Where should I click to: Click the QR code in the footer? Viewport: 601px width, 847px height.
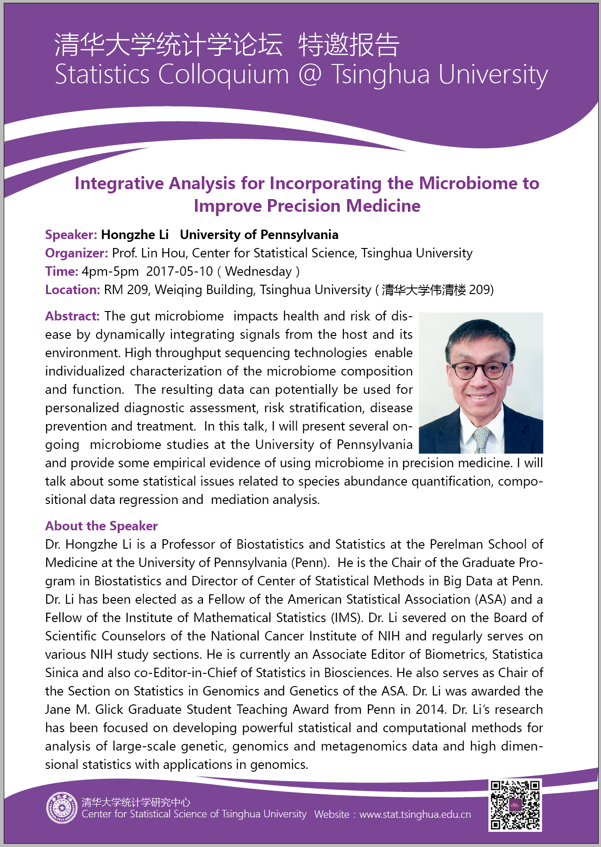pyautogui.click(x=515, y=805)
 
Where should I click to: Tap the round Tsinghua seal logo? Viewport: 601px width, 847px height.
pyautogui.click(x=62, y=808)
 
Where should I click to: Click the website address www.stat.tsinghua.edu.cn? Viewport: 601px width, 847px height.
pyautogui.click(x=415, y=815)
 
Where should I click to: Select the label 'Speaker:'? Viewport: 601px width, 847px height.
pyautogui.click(x=71, y=235)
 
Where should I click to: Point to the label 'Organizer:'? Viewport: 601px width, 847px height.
pyautogui.click(x=77, y=253)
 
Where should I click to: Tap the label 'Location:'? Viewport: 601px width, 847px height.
pyautogui.click(x=73, y=290)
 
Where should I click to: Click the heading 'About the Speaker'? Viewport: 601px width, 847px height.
pyautogui.click(x=101, y=526)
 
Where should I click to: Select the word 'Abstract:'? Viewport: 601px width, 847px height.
pyautogui.click(x=72, y=316)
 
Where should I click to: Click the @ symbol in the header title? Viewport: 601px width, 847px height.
pyautogui.click(x=310, y=74)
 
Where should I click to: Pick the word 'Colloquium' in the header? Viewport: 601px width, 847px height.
pyautogui.click(x=223, y=74)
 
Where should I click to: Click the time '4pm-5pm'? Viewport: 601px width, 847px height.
pyautogui.click(x=110, y=272)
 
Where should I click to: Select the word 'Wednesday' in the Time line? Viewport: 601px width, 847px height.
pyautogui.click(x=259, y=272)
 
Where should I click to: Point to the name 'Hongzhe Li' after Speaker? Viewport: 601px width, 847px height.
pyautogui.click(x=135, y=235)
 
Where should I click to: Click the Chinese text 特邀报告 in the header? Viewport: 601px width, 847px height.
pyautogui.click(x=349, y=45)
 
